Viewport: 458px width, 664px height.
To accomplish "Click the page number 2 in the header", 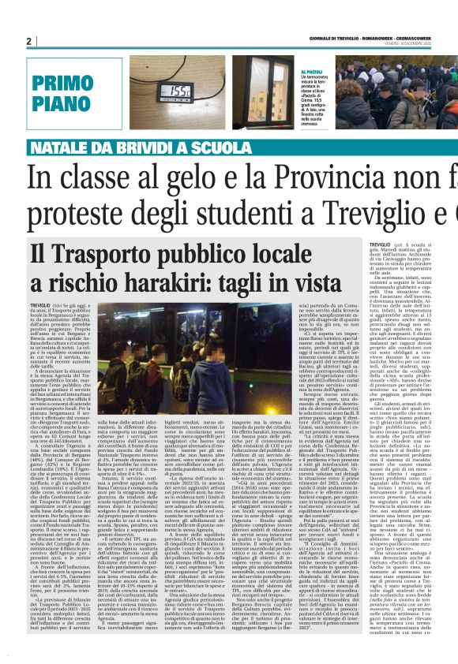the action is [x=29, y=41].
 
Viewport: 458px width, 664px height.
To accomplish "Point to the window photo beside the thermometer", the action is [x=261, y=92].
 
